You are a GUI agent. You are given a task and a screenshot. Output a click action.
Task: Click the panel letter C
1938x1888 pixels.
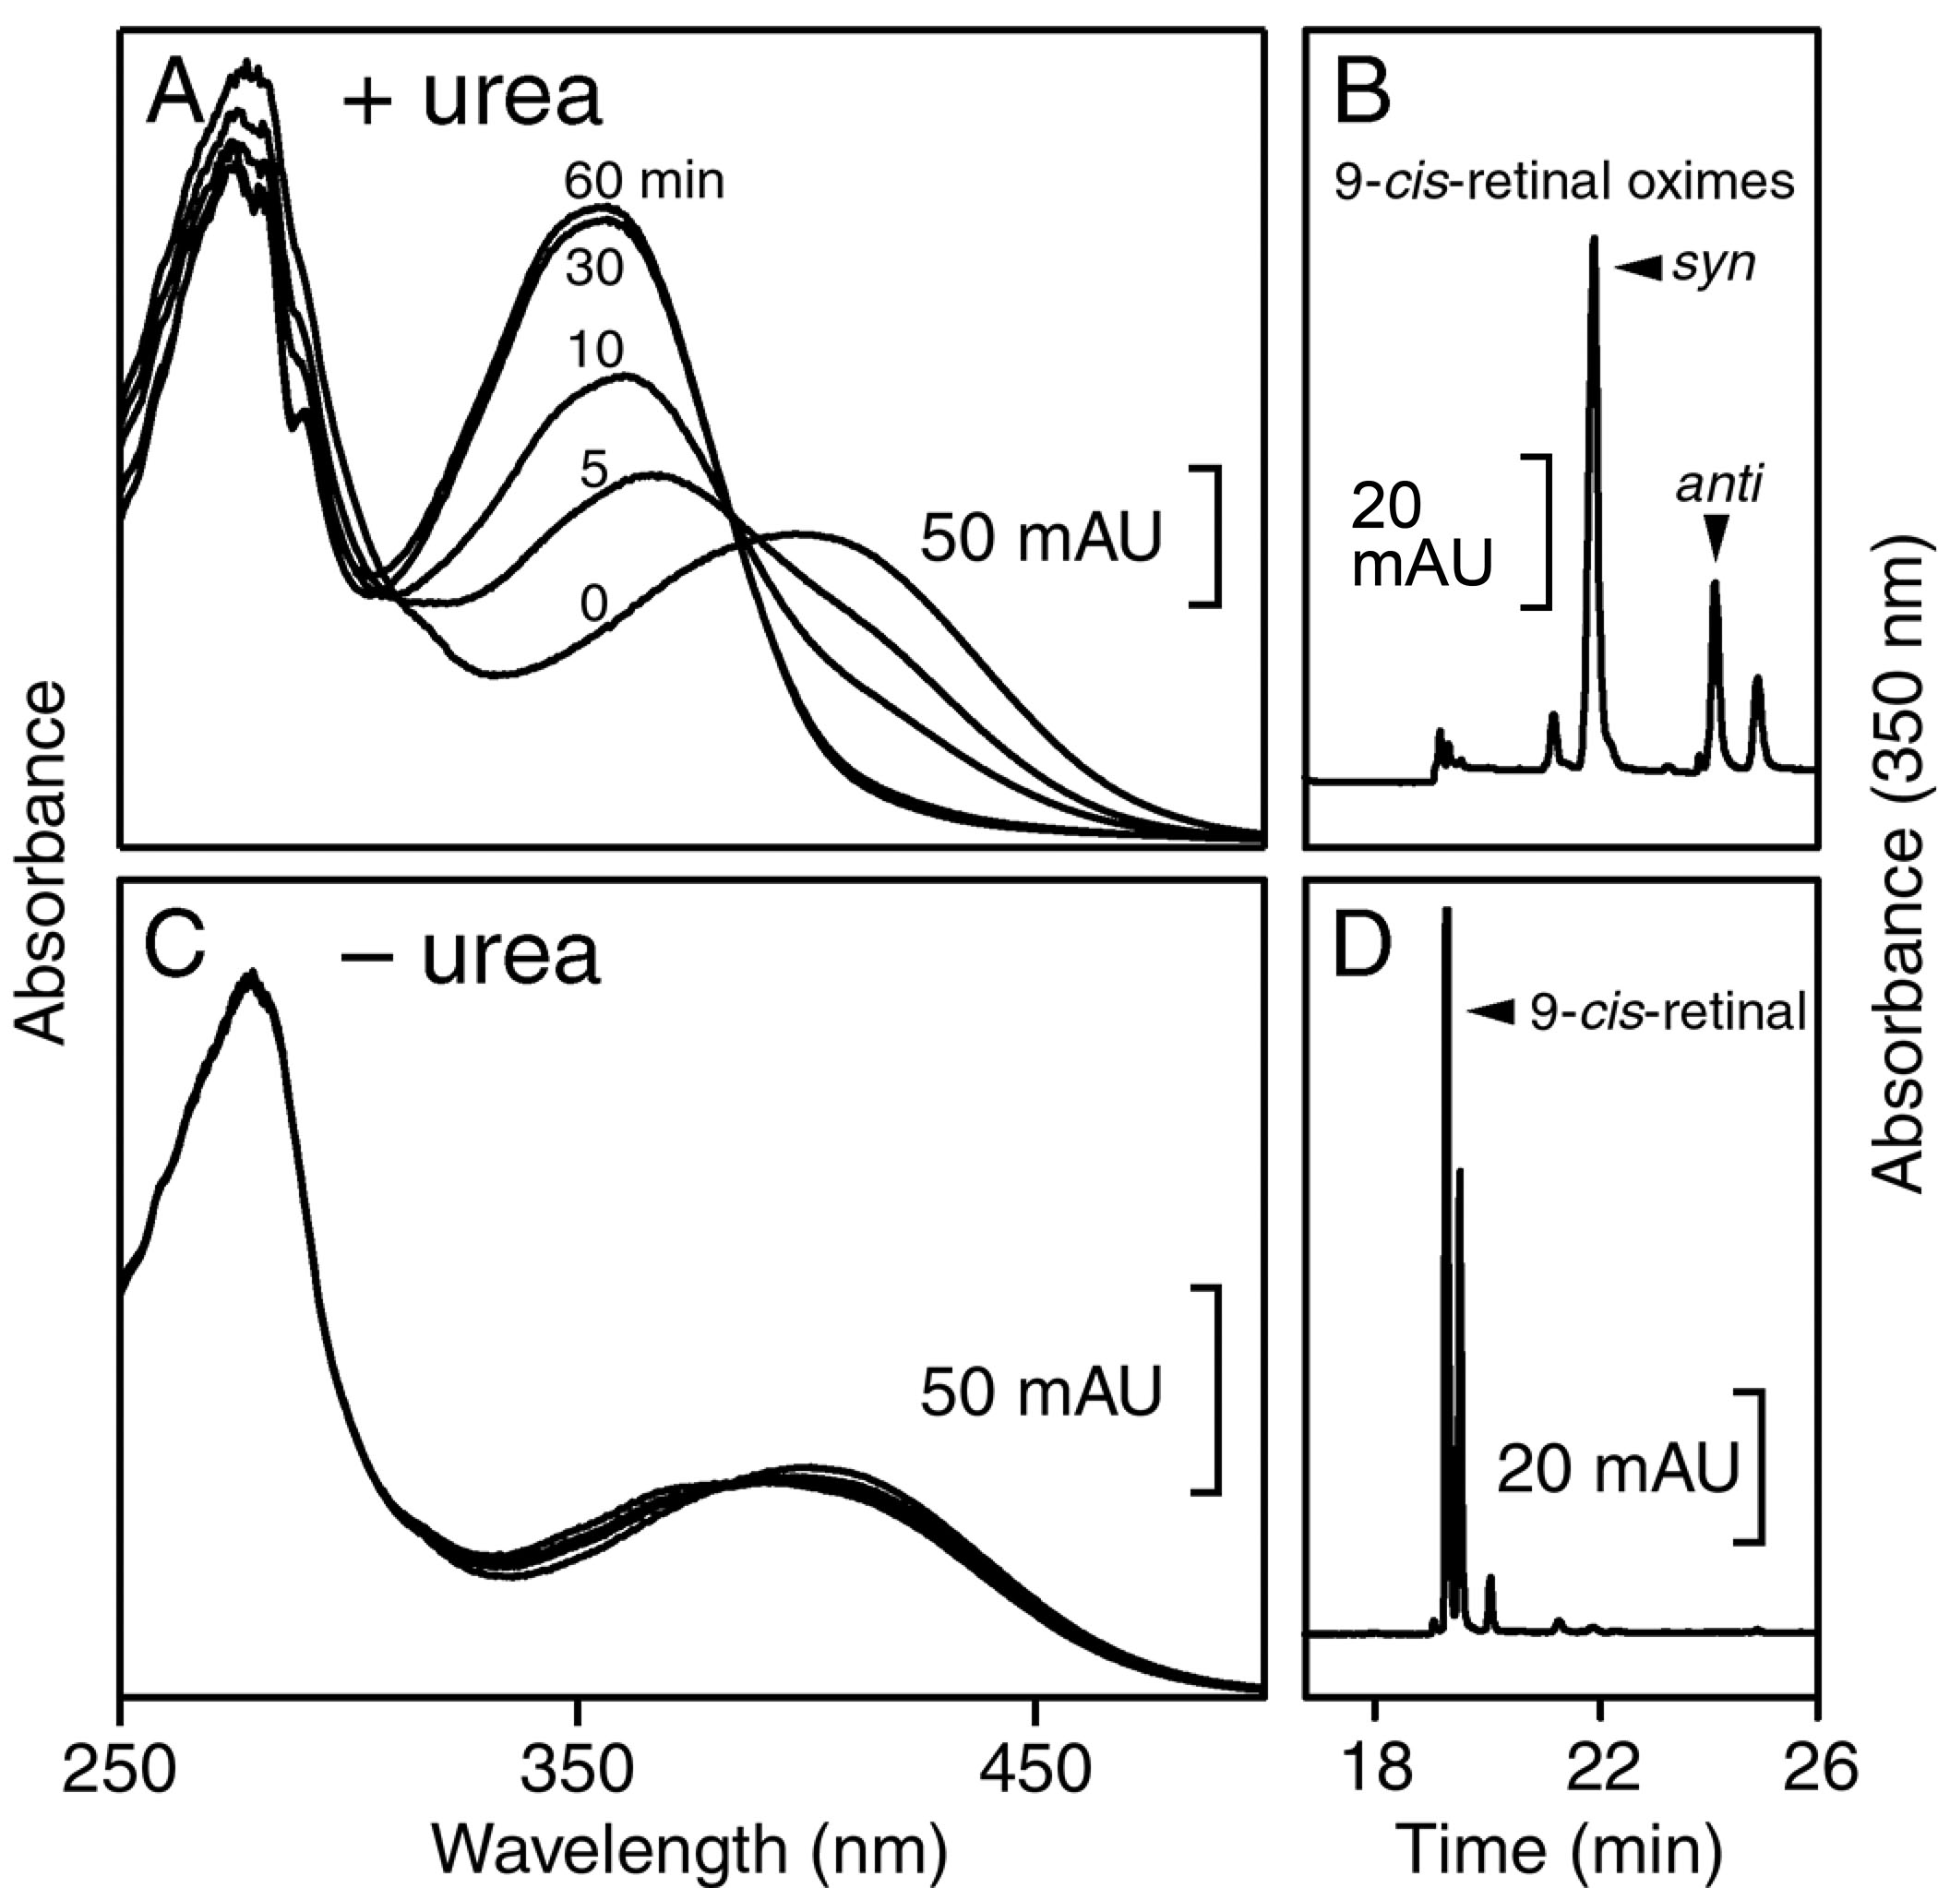174,950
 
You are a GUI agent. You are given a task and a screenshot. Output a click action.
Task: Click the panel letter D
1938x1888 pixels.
1363,950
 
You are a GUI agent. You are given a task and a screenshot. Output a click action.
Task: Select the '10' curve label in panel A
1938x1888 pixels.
596,350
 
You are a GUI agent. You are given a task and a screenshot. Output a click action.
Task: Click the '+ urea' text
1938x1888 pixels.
471,98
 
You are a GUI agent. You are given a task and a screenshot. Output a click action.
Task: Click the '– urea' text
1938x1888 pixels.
469,954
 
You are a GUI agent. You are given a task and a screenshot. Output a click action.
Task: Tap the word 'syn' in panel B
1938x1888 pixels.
1714,264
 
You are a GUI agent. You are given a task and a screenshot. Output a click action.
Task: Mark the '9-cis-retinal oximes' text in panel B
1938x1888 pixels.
1564,182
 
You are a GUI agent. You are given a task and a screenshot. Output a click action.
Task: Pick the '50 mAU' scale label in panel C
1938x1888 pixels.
1040,1392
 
